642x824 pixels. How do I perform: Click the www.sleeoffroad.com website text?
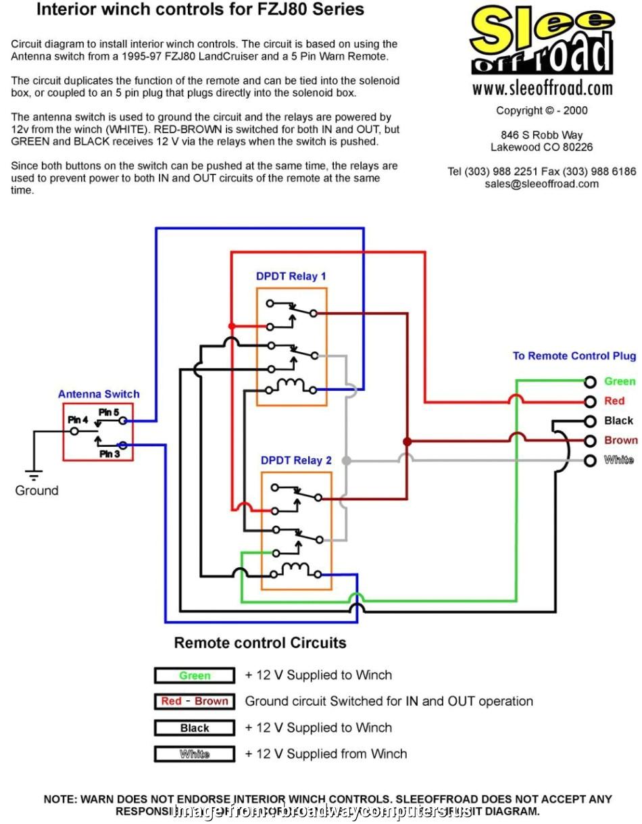tap(542, 89)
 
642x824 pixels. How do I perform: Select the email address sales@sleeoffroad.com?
tap(541, 184)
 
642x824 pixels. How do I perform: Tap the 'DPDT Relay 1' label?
tap(291, 276)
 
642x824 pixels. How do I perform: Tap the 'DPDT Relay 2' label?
tap(296, 460)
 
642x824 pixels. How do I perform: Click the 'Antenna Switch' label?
tap(99, 394)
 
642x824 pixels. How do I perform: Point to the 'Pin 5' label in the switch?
tap(108, 412)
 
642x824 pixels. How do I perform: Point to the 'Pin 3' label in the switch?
tap(109, 454)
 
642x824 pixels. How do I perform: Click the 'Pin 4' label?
tap(78, 420)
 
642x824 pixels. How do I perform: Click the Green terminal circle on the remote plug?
tap(591, 382)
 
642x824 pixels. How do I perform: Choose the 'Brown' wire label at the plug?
tap(620, 440)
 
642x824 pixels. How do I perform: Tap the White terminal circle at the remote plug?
tap(591, 460)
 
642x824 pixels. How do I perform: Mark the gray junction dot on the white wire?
tap(346, 460)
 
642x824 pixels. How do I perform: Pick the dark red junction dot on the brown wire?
tap(407, 441)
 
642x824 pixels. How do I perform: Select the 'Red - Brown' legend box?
tap(195, 702)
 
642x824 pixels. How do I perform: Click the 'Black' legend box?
tap(195, 728)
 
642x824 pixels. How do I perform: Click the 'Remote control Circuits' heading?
tap(260, 643)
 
